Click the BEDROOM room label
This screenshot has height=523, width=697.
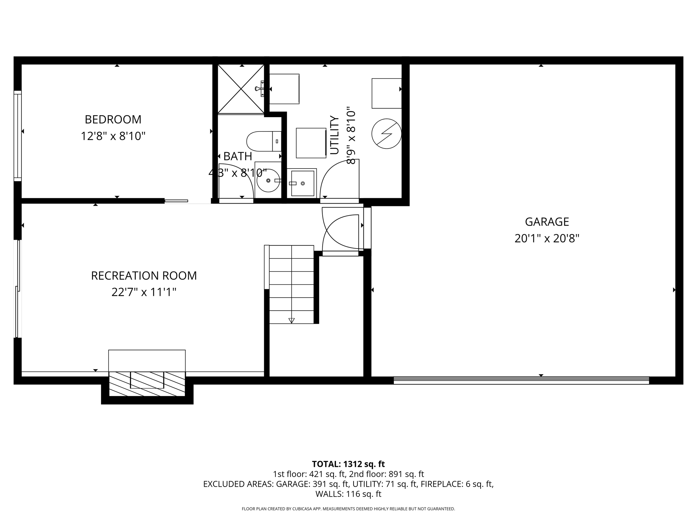113,120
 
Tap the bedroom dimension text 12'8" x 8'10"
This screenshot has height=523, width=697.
113,136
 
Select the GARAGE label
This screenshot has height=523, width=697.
547,222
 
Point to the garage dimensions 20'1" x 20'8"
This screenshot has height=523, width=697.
547,238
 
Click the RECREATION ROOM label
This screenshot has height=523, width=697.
144,275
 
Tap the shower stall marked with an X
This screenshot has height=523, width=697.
241,89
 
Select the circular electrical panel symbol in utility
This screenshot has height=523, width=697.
386,133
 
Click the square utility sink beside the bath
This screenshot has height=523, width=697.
302,184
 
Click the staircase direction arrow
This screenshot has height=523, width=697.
291,320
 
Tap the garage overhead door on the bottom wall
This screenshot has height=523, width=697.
521,380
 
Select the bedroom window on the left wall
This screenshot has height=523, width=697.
18,136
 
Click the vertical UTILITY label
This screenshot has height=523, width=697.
335,135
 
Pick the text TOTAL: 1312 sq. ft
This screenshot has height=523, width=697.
348,464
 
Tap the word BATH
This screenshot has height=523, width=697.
238,156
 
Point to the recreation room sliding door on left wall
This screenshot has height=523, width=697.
17,289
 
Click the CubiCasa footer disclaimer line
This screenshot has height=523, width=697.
348,509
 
